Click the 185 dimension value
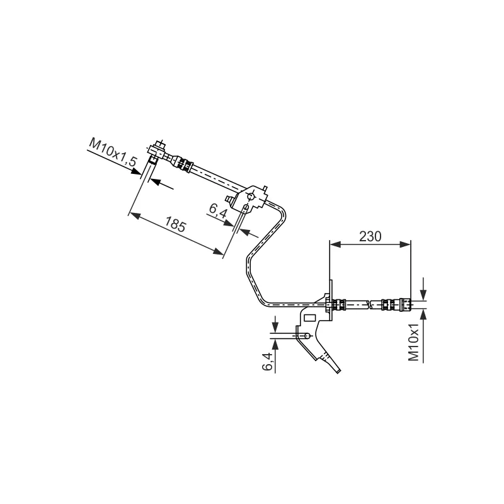176,226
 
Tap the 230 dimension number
370,237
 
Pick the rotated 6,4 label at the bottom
267,362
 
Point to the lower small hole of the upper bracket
244,207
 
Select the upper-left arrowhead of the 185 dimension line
132,214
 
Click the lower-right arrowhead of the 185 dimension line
220,253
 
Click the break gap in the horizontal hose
369,305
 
